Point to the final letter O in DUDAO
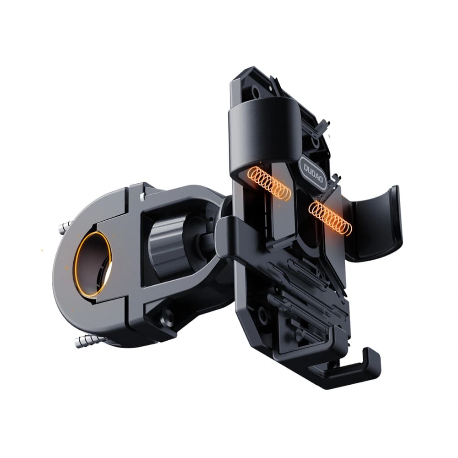pos(321,182)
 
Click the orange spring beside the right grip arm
pos(330,217)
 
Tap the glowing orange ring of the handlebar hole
pos(93,264)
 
